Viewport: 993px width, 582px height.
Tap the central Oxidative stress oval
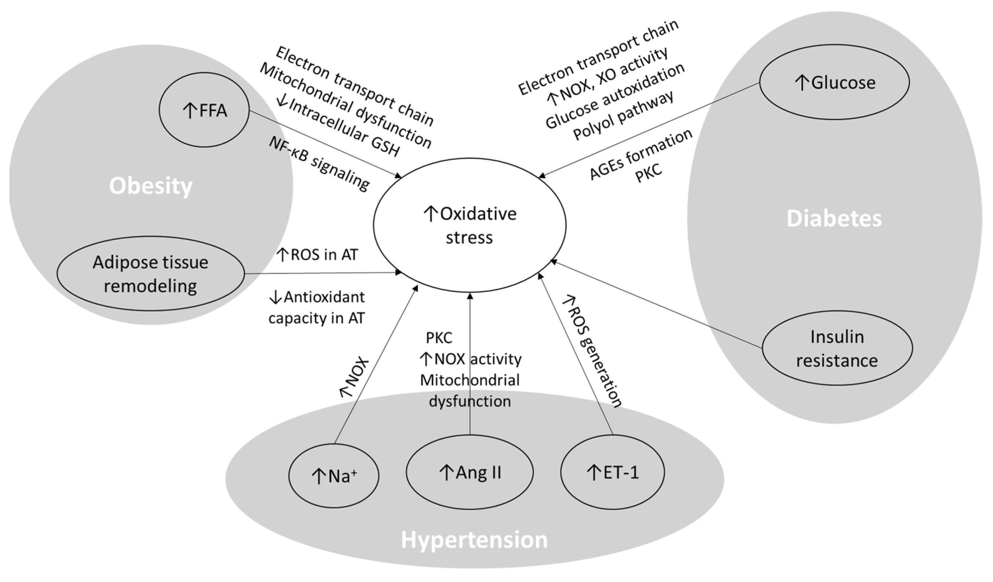coord(469,225)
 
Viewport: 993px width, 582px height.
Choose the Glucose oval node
coord(834,82)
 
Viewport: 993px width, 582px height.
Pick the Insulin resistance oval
coord(837,348)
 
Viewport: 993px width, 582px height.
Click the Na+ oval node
coord(334,476)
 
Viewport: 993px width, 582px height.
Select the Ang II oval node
coord(470,472)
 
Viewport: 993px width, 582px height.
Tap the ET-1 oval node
coord(613,472)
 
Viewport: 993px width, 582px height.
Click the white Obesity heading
coord(150,186)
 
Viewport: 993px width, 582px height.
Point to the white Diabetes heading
coord(834,218)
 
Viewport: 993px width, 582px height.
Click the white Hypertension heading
coord(474,540)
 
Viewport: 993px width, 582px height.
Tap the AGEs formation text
coord(640,154)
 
